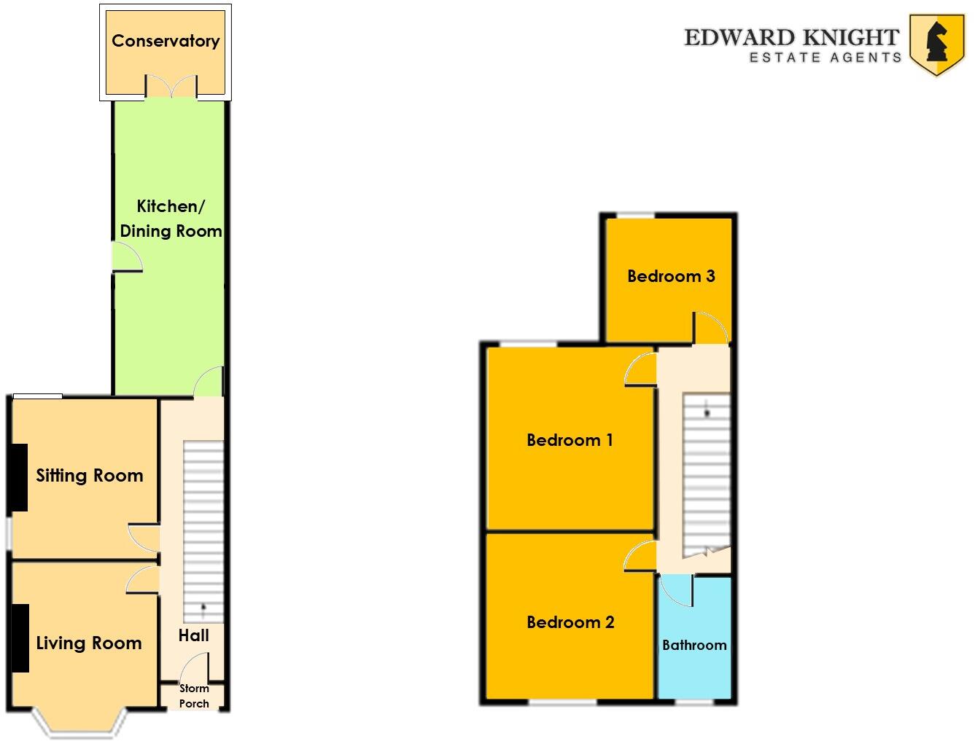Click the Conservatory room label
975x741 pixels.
pyautogui.click(x=166, y=41)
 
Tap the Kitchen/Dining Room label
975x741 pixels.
pyautogui.click(x=171, y=219)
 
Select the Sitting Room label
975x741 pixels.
pyautogui.click(x=90, y=476)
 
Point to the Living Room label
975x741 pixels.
pyautogui.click(x=89, y=643)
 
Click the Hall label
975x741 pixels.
pyautogui.click(x=194, y=635)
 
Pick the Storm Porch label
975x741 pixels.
pyautogui.click(x=194, y=696)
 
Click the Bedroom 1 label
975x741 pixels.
pyautogui.click(x=570, y=440)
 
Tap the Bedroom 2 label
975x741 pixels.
pyautogui.click(x=570, y=622)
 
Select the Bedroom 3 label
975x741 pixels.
pyautogui.click(x=671, y=276)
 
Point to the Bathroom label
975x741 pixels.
pyautogui.click(x=694, y=645)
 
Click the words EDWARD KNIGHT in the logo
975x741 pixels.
pyautogui.click(x=791, y=37)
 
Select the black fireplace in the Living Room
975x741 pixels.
pyautogui.click(x=20, y=638)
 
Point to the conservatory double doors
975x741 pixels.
pyautogui.click(x=171, y=87)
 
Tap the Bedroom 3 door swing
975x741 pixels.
pyautogui.click(x=710, y=328)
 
